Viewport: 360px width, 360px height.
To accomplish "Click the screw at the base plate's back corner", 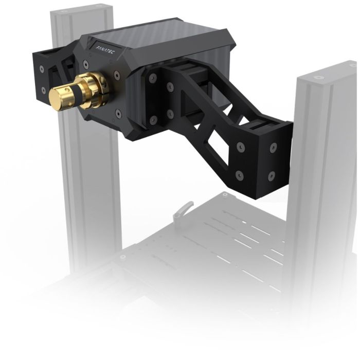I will coord(225,195).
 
